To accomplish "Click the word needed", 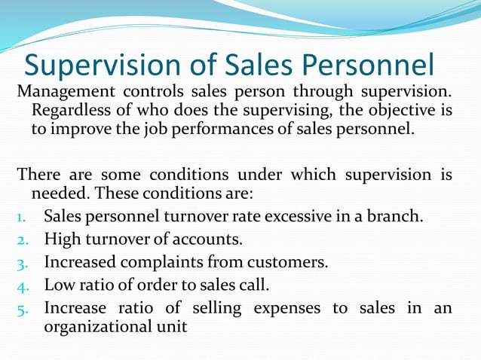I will [x=57, y=194].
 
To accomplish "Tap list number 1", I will [x=23, y=218].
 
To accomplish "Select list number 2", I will [x=23, y=240].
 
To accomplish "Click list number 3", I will [x=23, y=263].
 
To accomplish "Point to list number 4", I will [x=23, y=285].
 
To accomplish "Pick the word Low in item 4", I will [x=58, y=285].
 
